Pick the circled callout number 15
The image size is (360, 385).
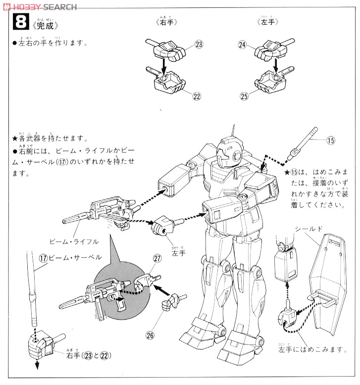tap(330, 141)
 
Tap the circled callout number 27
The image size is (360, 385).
tap(157, 258)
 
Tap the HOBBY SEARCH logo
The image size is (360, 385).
tap(40, 6)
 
